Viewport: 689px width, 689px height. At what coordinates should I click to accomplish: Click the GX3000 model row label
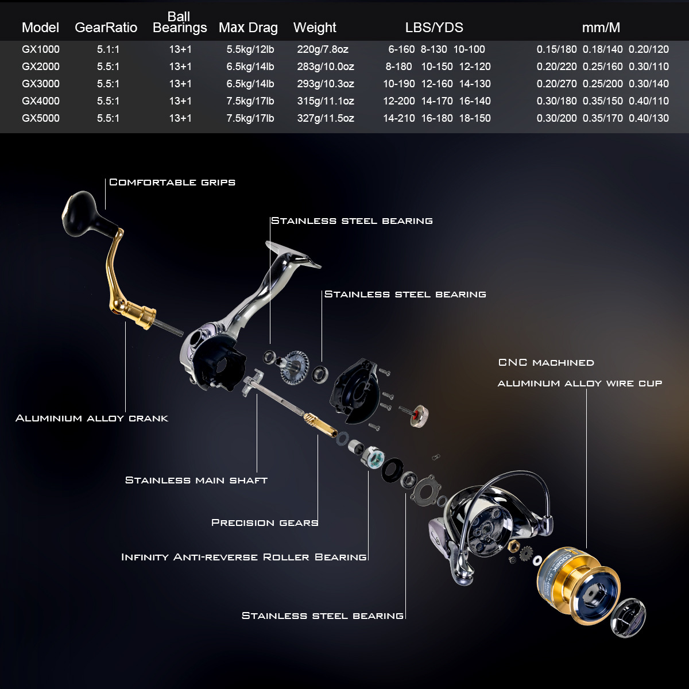(40, 84)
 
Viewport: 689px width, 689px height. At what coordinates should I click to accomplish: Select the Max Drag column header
(248, 28)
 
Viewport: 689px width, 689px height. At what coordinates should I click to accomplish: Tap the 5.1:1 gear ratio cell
(108, 49)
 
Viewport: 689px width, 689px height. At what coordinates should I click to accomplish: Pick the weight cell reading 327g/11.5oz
(325, 118)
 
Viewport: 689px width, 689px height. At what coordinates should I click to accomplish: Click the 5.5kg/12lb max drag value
(250, 49)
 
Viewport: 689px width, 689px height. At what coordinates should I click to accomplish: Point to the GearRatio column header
(106, 28)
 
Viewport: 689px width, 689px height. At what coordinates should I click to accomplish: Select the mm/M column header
(601, 28)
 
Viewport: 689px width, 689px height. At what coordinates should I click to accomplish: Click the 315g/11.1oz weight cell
(325, 101)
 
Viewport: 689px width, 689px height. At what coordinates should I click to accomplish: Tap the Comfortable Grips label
(172, 182)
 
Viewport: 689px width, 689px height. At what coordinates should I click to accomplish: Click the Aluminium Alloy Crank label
(92, 418)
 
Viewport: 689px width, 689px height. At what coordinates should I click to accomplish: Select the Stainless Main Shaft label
(196, 480)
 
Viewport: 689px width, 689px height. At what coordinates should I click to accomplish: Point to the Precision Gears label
(264, 522)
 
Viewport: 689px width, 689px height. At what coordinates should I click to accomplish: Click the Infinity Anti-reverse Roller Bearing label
(243, 557)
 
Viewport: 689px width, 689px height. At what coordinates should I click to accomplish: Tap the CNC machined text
(546, 362)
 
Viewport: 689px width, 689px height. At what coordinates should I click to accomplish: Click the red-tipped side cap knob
(418, 415)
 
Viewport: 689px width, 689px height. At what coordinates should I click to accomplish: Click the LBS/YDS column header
(434, 28)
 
